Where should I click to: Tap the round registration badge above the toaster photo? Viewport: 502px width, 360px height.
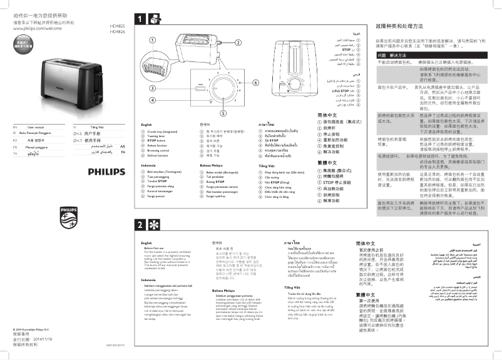[27, 44]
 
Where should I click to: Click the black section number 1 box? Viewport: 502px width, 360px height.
[141, 18]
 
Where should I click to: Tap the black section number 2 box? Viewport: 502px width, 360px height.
[141, 225]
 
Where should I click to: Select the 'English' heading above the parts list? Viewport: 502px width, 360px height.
[148, 125]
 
